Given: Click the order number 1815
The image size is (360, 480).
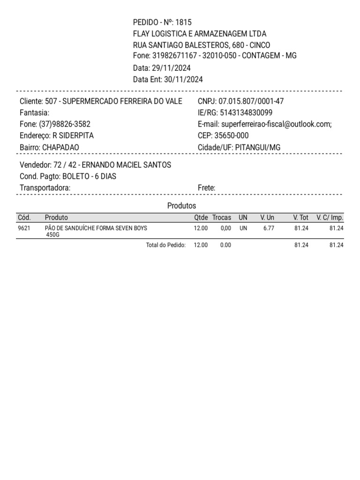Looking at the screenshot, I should click(x=183, y=22).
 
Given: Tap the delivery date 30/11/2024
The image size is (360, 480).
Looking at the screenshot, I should click(x=183, y=79).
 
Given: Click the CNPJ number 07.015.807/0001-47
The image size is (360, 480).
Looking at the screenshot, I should click(x=251, y=101).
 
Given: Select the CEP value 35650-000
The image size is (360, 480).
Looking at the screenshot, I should click(x=232, y=136).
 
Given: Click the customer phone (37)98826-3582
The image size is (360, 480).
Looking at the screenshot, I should click(x=65, y=124).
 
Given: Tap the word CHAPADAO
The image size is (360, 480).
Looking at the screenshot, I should click(x=60, y=147).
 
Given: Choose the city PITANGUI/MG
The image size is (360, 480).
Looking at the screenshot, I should click(x=258, y=147).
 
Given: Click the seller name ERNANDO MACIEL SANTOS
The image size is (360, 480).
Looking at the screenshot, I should click(x=127, y=165).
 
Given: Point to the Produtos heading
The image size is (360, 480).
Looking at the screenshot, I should click(x=181, y=206).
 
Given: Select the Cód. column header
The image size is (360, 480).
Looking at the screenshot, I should click(x=24, y=217).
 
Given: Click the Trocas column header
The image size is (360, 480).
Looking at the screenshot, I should click(x=222, y=217).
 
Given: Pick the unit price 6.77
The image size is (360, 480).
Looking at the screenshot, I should click(x=269, y=228).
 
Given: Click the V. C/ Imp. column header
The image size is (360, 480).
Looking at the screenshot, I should click(x=330, y=217).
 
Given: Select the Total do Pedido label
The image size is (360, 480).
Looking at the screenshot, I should click(x=166, y=245).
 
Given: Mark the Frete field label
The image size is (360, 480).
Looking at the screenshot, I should click(x=207, y=188).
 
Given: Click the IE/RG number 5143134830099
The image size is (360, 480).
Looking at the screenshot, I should click(x=246, y=113).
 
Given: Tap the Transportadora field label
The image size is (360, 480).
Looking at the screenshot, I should click(x=45, y=188).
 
